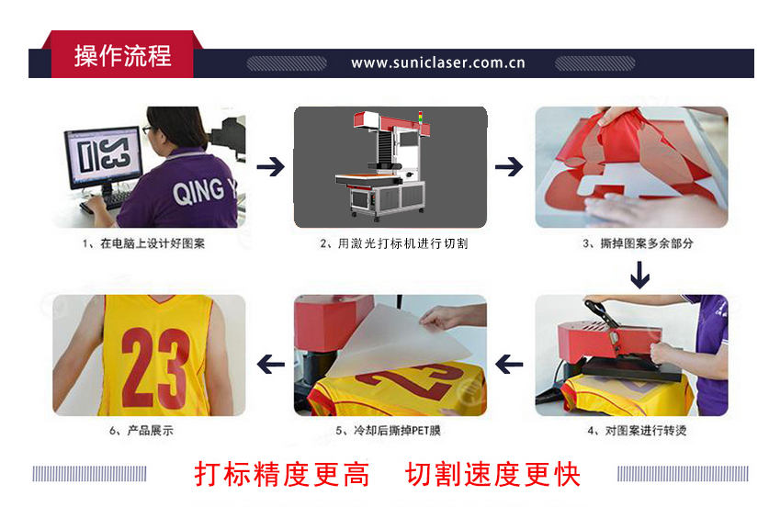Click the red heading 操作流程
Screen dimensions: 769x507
pyautogui.click(x=122, y=56)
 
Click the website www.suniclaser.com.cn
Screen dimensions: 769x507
pyautogui.click(x=438, y=62)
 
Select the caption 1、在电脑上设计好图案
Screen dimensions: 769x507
pyautogui.click(x=143, y=243)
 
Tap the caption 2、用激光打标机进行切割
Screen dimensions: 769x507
pyautogui.click(x=394, y=243)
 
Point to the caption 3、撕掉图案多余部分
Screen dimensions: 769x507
pyautogui.click(x=638, y=243)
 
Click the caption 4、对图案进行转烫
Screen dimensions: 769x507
pyautogui.click(x=637, y=431)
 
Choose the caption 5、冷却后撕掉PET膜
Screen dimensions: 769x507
pyautogui.click(x=388, y=431)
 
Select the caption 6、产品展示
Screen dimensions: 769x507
pyautogui.click(x=141, y=431)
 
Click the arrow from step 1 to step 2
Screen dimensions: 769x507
pyautogui.click(x=271, y=167)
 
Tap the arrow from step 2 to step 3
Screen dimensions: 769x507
pyautogui.click(x=509, y=167)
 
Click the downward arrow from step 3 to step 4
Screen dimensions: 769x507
pyautogui.click(x=640, y=275)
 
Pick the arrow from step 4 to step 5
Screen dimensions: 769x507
pyautogui.click(x=509, y=365)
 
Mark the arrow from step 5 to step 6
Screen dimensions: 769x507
pyautogui.click(x=271, y=365)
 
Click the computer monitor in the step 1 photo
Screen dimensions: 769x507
pyautogui.click(x=104, y=157)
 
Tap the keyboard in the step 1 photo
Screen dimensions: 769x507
pyautogui.click(x=105, y=201)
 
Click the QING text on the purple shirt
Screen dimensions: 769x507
pyautogui.click(x=198, y=192)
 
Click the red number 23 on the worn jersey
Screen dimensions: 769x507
pyautogui.click(x=155, y=367)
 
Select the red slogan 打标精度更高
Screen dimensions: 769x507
pyautogui.click(x=281, y=474)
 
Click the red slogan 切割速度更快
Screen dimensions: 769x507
pyautogui.click(x=492, y=474)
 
